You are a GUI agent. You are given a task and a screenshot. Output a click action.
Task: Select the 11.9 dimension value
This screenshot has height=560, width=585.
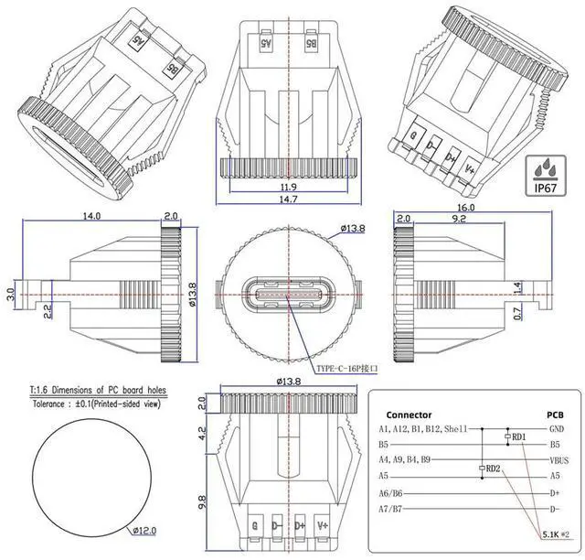coord(289,187)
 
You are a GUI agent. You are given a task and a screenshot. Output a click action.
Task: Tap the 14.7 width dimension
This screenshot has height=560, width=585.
coord(289,199)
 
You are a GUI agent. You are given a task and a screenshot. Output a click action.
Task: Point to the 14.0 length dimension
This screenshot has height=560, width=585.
coord(90,216)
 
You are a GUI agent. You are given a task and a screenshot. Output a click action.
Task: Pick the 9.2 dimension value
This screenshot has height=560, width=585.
coord(459,220)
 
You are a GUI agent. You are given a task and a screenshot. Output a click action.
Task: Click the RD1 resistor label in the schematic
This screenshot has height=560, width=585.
coord(519,437)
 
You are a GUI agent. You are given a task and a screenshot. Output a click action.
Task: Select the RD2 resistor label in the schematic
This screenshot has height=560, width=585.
coord(492,469)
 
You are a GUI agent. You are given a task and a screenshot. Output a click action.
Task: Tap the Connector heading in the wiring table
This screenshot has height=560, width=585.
coord(409,414)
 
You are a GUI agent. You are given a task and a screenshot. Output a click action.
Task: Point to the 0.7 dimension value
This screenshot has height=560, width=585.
coord(516,314)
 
